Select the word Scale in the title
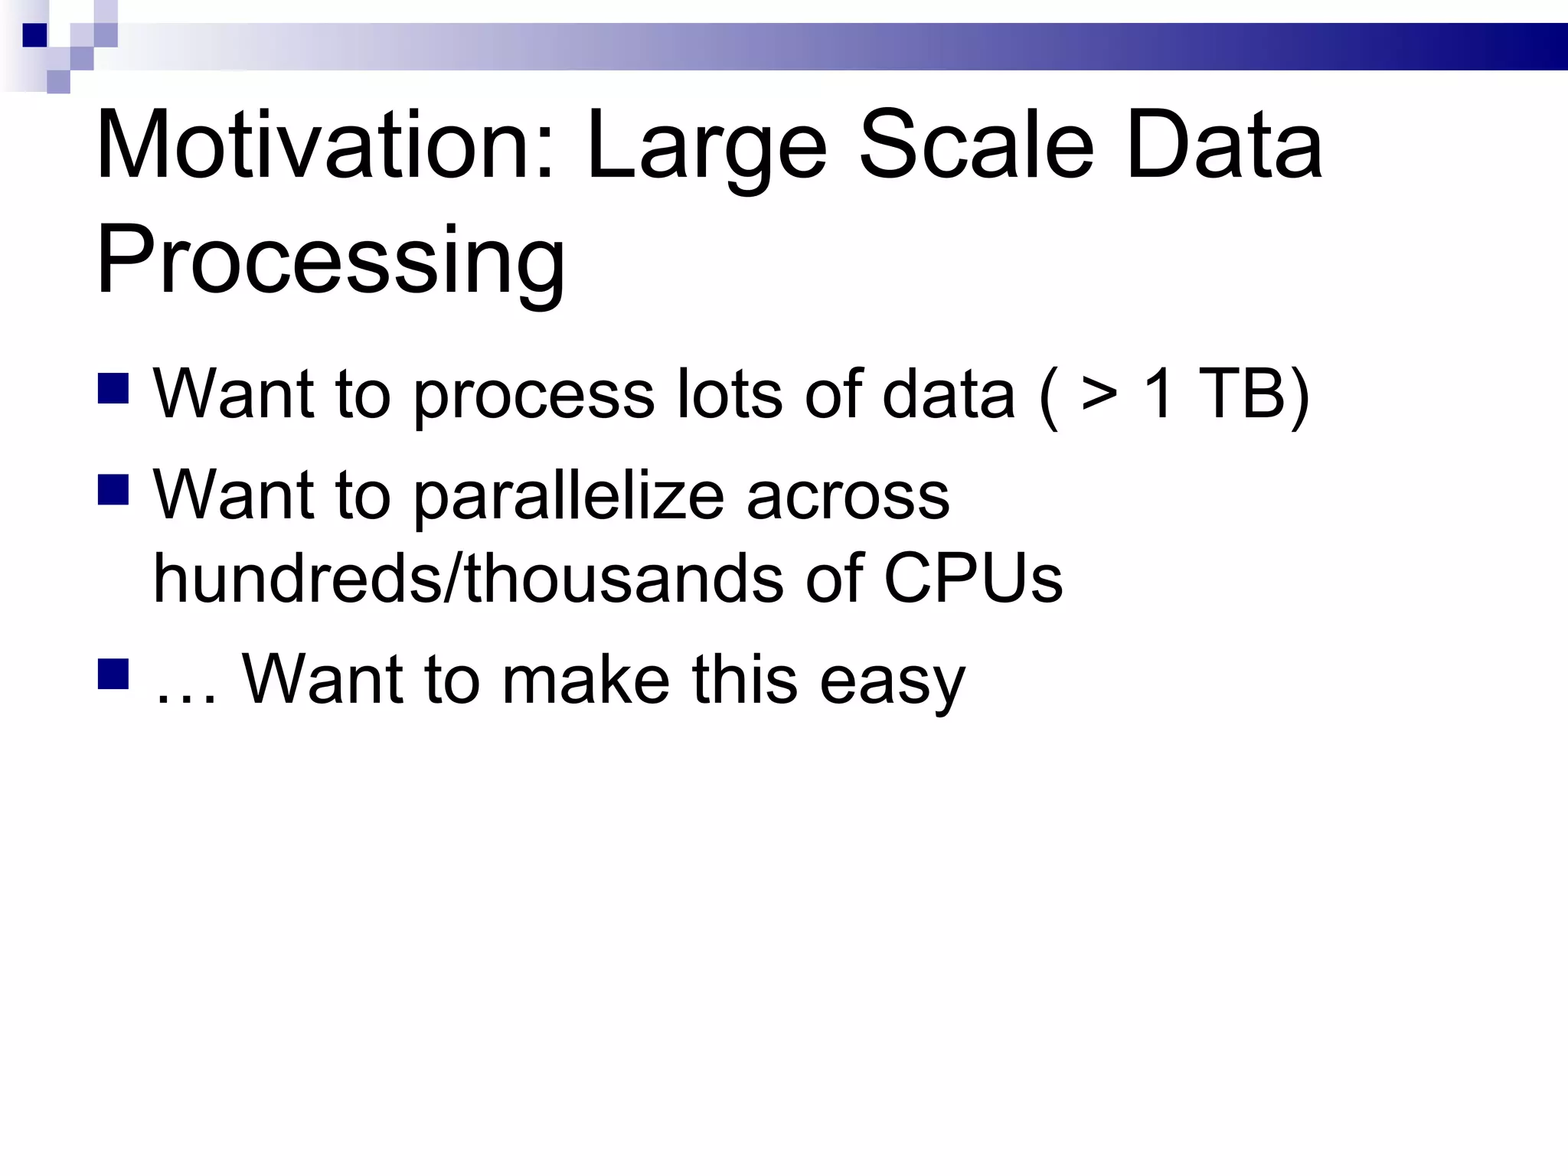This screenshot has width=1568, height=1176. (976, 145)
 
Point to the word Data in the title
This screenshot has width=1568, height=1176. (1223, 145)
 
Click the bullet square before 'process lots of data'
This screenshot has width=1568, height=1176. (113, 388)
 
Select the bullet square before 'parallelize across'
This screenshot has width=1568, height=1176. (113, 490)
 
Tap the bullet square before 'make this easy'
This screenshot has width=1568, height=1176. (113, 674)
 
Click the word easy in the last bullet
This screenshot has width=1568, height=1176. (892, 681)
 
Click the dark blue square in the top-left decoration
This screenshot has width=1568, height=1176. (34, 35)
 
